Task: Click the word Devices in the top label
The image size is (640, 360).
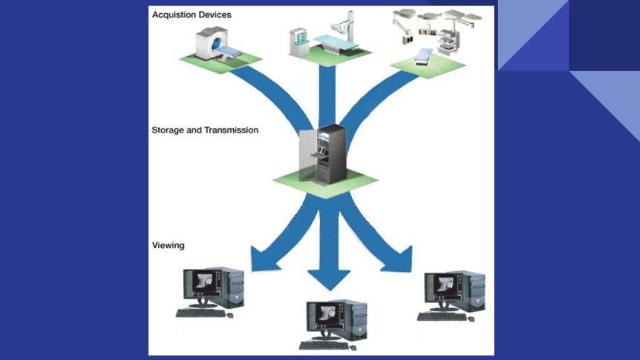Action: pos(214,14)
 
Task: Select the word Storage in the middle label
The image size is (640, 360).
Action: pos(168,131)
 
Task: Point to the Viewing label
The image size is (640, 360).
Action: pos(168,245)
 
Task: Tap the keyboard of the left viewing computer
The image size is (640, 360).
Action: pos(200,312)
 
